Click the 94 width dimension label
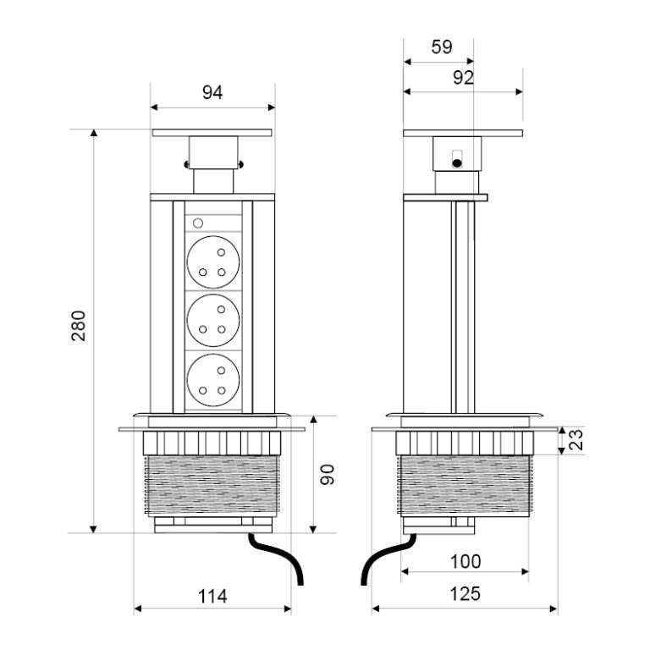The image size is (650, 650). (x=212, y=93)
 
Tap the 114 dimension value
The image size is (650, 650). (x=212, y=596)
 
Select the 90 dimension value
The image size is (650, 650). (x=329, y=474)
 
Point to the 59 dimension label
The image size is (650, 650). (x=442, y=47)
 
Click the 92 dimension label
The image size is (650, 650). (x=462, y=78)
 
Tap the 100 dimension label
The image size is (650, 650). (x=465, y=560)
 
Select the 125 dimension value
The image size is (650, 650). (x=465, y=594)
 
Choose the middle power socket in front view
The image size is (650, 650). (x=212, y=320)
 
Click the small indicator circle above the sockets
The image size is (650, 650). (x=198, y=224)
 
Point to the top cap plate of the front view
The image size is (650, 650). (x=212, y=133)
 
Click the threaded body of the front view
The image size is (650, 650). (x=212, y=487)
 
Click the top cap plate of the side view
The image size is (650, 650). (x=462, y=133)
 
